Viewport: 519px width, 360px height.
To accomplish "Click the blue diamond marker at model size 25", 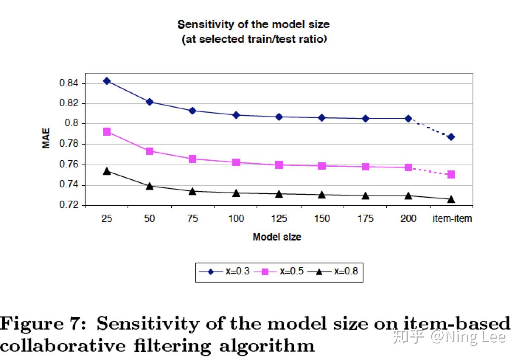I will [x=107, y=81].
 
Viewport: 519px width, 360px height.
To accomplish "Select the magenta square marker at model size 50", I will [x=150, y=151].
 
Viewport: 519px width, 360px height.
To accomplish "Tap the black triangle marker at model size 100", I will [x=236, y=193].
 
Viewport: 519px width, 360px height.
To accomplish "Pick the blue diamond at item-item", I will [x=451, y=137].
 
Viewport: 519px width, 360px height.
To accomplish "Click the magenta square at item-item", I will [x=451, y=174].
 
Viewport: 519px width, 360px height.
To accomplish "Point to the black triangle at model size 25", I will [x=107, y=171].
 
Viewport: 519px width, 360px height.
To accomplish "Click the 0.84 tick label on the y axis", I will [x=69, y=83].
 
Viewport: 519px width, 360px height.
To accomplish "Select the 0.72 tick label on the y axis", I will [x=69, y=205].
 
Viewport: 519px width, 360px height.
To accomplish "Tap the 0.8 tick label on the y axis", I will [x=72, y=124].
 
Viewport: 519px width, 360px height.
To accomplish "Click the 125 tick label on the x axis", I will [x=279, y=219].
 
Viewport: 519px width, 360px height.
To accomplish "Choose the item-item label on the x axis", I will [x=452, y=219].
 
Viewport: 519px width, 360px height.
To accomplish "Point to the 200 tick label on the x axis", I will [x=408, y=219].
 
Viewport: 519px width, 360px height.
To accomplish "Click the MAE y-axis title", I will [x=46, y=138].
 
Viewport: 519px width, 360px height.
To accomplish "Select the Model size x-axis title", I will [x=277, y=237].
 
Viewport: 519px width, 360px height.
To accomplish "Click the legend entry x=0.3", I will [x=237, y=271].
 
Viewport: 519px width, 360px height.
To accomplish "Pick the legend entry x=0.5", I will [x=292, y=271].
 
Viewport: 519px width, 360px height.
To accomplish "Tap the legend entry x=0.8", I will [x=346, y=271].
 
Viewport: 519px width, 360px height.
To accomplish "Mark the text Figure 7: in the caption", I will [x=43, y=324].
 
